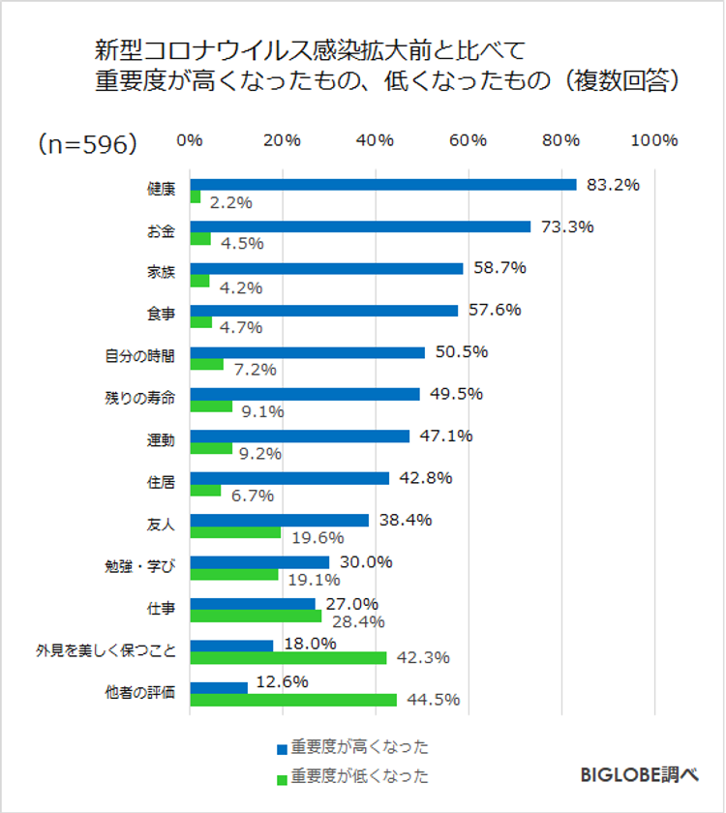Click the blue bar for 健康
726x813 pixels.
click(382, 185)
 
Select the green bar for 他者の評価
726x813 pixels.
click(293, 700)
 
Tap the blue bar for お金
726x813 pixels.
click(360, 226)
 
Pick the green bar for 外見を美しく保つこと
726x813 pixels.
click(288, 658)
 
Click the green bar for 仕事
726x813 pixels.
click(256, 617)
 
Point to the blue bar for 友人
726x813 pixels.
click(279, 520)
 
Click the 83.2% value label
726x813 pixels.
click(613, 185)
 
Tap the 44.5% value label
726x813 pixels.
click(433, 700)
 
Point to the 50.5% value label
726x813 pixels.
click(461, 352)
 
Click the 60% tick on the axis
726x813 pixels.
click(468, 140)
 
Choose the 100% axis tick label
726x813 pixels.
click(653, 140)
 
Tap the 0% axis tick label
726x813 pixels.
click(190, 140)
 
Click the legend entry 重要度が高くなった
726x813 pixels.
click(359, 747)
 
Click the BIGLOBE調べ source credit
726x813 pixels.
click(639, 775)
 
